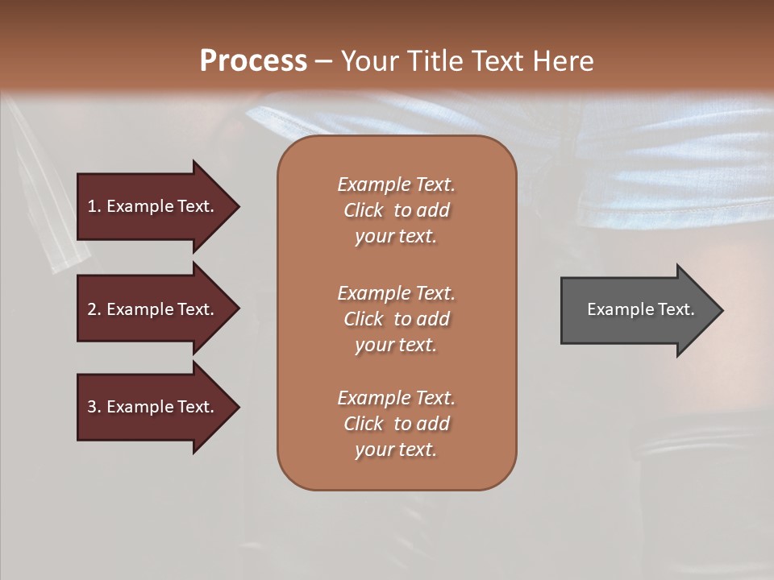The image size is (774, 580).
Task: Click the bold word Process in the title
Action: [253, 61]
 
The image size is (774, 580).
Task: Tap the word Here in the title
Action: [563, 61]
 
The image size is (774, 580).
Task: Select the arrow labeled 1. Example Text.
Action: [153, 206]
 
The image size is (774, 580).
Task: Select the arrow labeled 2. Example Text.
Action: [153, 309]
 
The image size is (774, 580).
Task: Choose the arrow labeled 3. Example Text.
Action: [153, 407]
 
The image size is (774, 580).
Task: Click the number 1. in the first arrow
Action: [94, 206]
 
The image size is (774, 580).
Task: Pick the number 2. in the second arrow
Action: [94, 309]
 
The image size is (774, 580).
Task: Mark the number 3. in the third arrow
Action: [94, 407]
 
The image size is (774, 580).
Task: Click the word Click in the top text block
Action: [364, 210]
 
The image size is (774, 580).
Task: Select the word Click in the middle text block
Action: [364, 319]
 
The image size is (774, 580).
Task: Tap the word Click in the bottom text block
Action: [364, 424]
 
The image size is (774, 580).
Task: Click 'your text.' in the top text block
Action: [396, 236]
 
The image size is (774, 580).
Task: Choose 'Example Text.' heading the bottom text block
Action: [396, 398]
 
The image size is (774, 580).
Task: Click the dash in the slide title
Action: [323, 61]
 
